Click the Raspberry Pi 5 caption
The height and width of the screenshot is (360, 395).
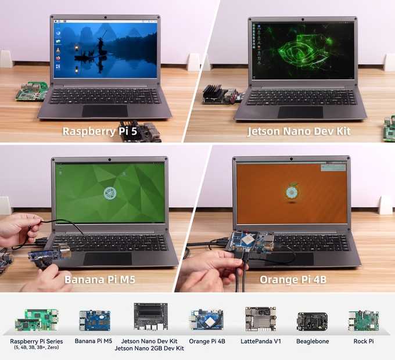pos(100,131)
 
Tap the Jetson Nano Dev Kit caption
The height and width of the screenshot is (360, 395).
pos(299,131)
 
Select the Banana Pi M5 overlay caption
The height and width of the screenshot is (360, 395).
pos(100,279)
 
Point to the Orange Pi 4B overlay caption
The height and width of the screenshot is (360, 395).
pos(293,279)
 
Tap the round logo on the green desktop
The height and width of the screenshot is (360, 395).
pos(110,193)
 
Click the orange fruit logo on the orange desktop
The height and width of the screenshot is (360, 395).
pos(292,192)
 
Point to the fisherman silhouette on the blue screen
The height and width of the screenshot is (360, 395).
pos(101,46)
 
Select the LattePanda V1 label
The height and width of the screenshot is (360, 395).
pos(260,341)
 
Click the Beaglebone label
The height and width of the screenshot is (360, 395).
pos(313,341)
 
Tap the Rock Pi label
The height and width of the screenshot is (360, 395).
pos(364,341)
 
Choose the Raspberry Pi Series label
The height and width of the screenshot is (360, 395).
pos(37,341)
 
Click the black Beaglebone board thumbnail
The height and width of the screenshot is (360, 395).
pos(313,322)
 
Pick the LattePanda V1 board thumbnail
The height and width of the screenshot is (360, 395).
pos(261,319)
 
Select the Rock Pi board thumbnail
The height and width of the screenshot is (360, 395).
pos(364,321)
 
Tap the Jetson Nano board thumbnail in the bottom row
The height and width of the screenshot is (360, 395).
pos(150,316)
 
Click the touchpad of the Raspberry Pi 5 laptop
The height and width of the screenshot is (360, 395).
pos(105,111)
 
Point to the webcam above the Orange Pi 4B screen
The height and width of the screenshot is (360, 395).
pos(291,159)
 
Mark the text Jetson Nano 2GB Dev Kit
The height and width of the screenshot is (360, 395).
pos(149,348)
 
